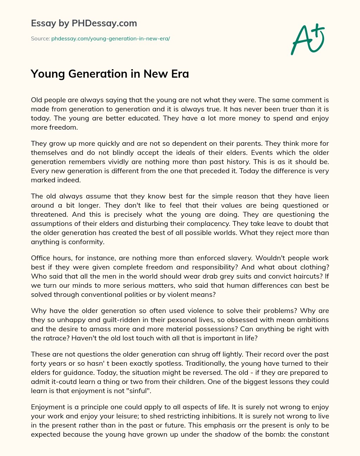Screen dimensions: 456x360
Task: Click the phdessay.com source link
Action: coord(110,39)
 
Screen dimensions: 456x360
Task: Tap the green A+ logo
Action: coord(307,39)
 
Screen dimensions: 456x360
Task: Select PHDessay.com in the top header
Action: coord(104,24)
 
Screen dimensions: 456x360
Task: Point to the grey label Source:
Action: coord(40,39)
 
